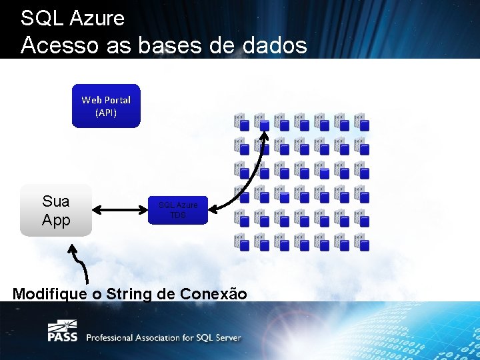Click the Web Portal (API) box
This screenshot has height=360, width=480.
(x=106, y=105)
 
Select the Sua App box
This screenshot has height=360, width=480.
(x=55, y=211)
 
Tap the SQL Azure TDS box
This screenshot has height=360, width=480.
(x=178, y=209)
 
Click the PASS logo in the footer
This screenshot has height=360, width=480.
(x=62, y=331)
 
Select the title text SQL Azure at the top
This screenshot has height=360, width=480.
(x=73, y=18)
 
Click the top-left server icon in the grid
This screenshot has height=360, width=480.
(x=241, y=121)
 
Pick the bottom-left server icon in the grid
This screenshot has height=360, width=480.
(x=241, y=241)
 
